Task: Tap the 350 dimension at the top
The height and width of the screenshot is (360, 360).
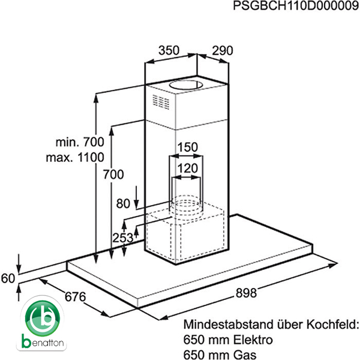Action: [169, 51]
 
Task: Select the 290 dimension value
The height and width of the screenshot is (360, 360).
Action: [222, 51]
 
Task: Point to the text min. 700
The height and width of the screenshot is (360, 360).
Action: [80, 142]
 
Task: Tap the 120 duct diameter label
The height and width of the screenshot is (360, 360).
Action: [188, 169]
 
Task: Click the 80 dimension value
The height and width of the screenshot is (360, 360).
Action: [123, 203]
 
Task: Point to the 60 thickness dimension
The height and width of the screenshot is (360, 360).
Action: [8, 278]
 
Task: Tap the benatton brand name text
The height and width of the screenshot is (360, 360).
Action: [44, 344]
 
